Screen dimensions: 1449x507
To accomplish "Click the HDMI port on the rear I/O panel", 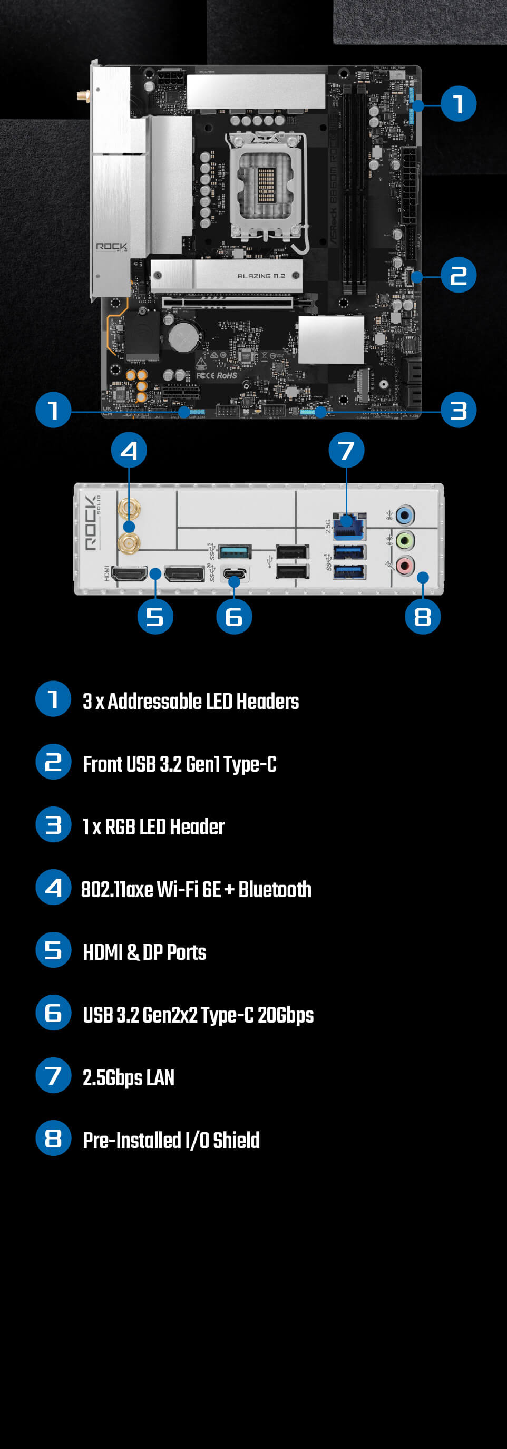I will click(x=130, y=574).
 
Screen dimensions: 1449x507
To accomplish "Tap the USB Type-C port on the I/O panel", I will click(x=234, y=574).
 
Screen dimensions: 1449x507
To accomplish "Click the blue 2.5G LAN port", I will click(x=349, y=527).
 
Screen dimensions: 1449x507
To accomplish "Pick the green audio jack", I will click(x=405, y=541).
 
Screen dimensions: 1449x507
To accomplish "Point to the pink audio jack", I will click(x=405, y=564).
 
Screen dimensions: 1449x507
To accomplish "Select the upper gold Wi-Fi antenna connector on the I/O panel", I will click(x=129, y=510).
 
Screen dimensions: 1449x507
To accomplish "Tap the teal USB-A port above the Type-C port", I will click(x=234, y=551).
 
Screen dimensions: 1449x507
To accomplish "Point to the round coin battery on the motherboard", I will click(x=184, y=336).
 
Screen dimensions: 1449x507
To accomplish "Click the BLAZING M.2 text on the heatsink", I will click(x=261, y=276).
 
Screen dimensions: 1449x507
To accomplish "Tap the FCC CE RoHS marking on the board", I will click(x=217, y=375).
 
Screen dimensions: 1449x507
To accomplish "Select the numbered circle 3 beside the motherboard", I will click(x=459, y=410).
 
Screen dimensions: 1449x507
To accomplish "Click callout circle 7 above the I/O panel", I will click(x=346, y=450).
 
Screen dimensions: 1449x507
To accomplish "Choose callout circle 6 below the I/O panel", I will click(x=234, y=617).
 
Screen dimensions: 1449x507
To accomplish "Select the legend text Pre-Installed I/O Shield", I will click(x=171, y=1140).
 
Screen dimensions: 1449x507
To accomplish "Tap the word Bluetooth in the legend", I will click(x=275, y=889).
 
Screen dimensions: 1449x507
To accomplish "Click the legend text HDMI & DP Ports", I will click(x=144, y=952).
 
